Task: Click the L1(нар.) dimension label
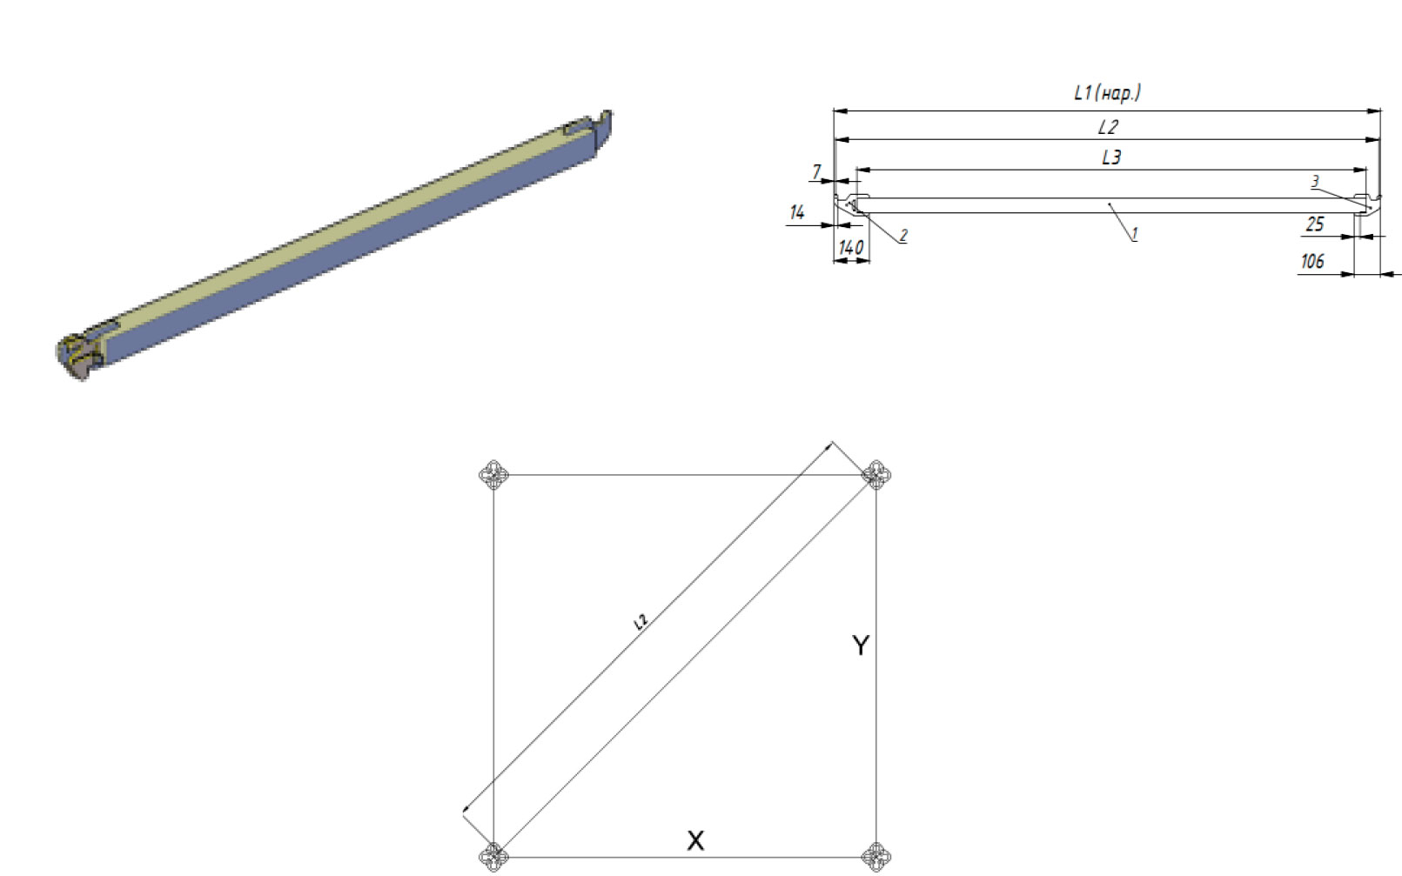coord(1107,93)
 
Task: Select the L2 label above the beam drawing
coord(1108,128)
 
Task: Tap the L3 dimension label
coord(1111,157)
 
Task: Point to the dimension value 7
coord(816,171)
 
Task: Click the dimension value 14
coord(797,213)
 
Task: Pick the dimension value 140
coord(851,248)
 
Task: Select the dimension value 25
coord(1315,224)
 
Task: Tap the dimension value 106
coord(1312,261)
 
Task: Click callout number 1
coord(1134,233)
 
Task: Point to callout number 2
coord(903,235)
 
